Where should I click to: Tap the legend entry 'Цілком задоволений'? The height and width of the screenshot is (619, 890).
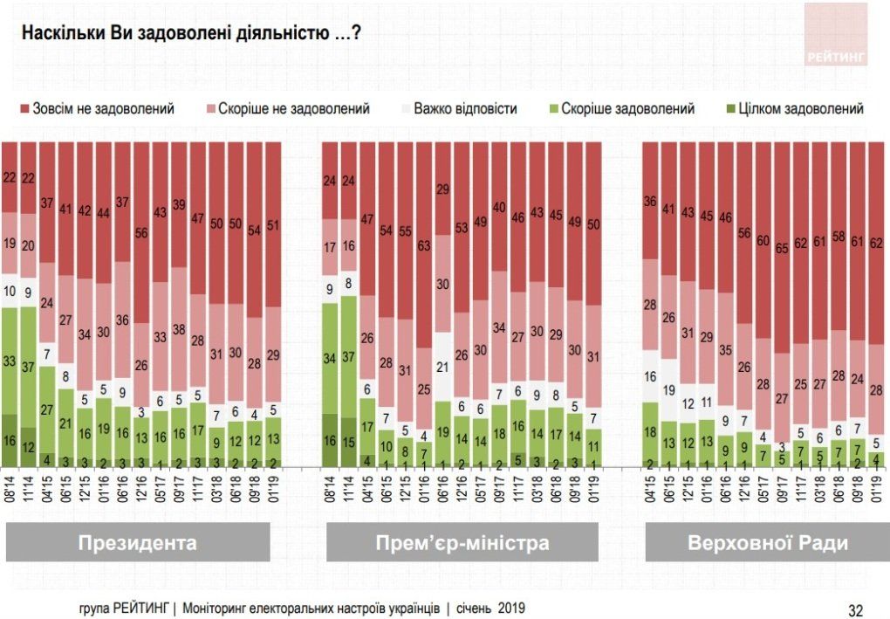tap(800, 109)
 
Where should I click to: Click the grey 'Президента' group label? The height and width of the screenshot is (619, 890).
tap(137, 542)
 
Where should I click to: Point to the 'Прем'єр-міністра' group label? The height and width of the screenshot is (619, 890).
tap(462, 542)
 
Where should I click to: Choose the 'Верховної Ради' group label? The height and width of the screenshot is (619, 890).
tap(767, 542)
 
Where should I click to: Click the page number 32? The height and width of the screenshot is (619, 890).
tap(856, 609)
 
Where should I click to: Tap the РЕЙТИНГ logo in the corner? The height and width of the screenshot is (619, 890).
tap(836, 34)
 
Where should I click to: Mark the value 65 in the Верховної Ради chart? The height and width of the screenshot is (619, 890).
tap(783, 247)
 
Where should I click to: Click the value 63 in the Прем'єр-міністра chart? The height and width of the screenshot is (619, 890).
tap(424, 245)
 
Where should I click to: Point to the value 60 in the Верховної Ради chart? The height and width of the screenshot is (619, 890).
tap(763, 241)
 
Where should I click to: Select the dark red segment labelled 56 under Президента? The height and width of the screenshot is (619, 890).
tap(141, 232)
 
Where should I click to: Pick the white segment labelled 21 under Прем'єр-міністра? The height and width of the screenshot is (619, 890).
tap(443, 367)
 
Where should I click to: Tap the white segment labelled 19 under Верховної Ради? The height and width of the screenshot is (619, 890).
tap(669, 389)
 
